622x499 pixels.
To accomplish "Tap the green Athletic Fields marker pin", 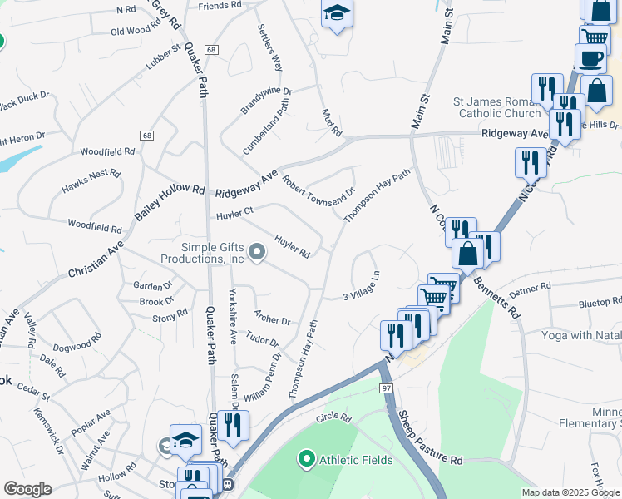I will tap(305, 458).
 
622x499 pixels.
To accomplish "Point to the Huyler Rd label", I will tap(292, 246).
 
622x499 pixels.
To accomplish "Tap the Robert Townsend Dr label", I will tap(318, 191).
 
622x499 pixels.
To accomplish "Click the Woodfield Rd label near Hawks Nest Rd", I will tap(106, 151).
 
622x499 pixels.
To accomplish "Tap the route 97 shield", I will tap(387, 388).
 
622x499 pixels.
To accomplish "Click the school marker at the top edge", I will tap(337, 14).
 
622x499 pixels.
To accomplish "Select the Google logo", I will tap(27, 489).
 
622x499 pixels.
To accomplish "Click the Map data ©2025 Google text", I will tap(570, 492).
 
